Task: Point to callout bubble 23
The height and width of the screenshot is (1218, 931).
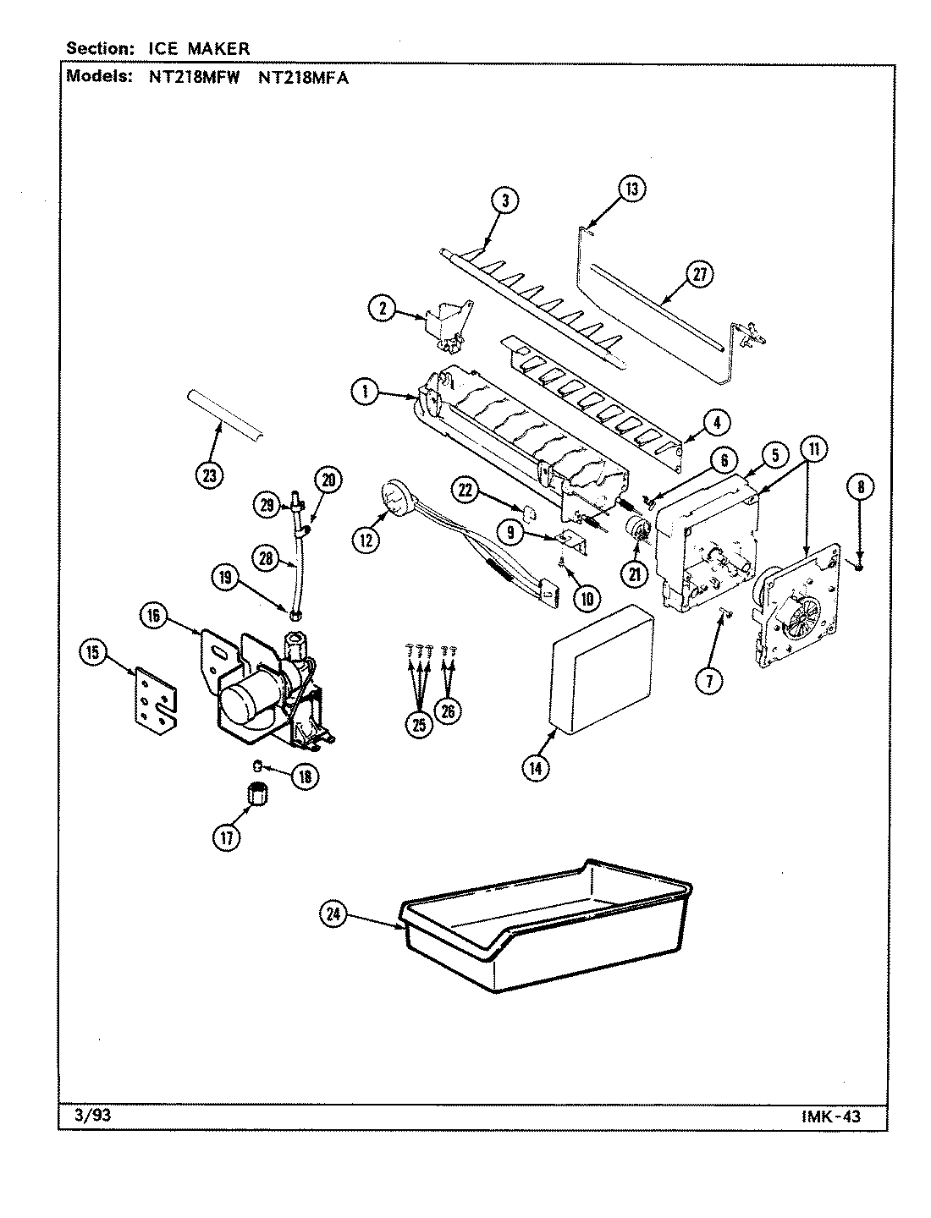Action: coord(209,475)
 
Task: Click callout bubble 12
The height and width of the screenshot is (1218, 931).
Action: coord(366,540)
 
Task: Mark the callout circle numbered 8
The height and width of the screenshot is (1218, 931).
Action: coord(861,486)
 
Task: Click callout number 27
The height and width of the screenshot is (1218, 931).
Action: coord(699,274)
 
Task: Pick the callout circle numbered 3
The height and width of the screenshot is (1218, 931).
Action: coord(505,200)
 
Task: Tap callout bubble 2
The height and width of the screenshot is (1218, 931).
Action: coord(383,310)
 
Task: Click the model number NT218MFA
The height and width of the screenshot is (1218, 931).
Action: coord(301,76)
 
